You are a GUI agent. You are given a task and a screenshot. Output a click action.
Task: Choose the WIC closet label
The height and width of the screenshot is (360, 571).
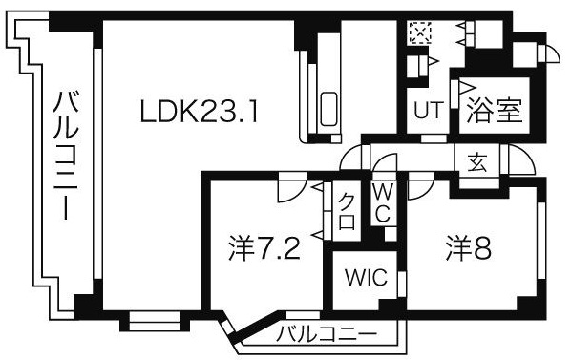point(365,279)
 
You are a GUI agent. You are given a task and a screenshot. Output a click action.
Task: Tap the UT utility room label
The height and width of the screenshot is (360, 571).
point(427,111)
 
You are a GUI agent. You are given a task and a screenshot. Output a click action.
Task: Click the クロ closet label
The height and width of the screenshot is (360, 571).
point(348,212)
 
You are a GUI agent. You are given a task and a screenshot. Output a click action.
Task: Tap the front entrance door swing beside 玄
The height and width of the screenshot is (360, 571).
point(518,158)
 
